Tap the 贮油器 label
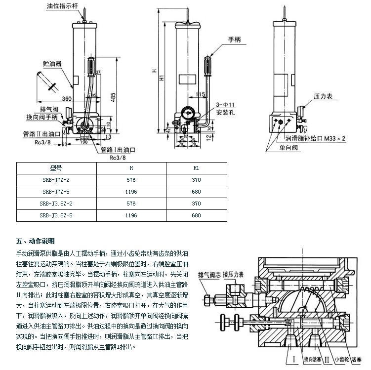51,64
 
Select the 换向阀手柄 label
42,117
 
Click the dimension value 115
200,94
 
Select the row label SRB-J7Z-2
55,180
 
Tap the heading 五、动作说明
35,242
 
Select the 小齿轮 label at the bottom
340,359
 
